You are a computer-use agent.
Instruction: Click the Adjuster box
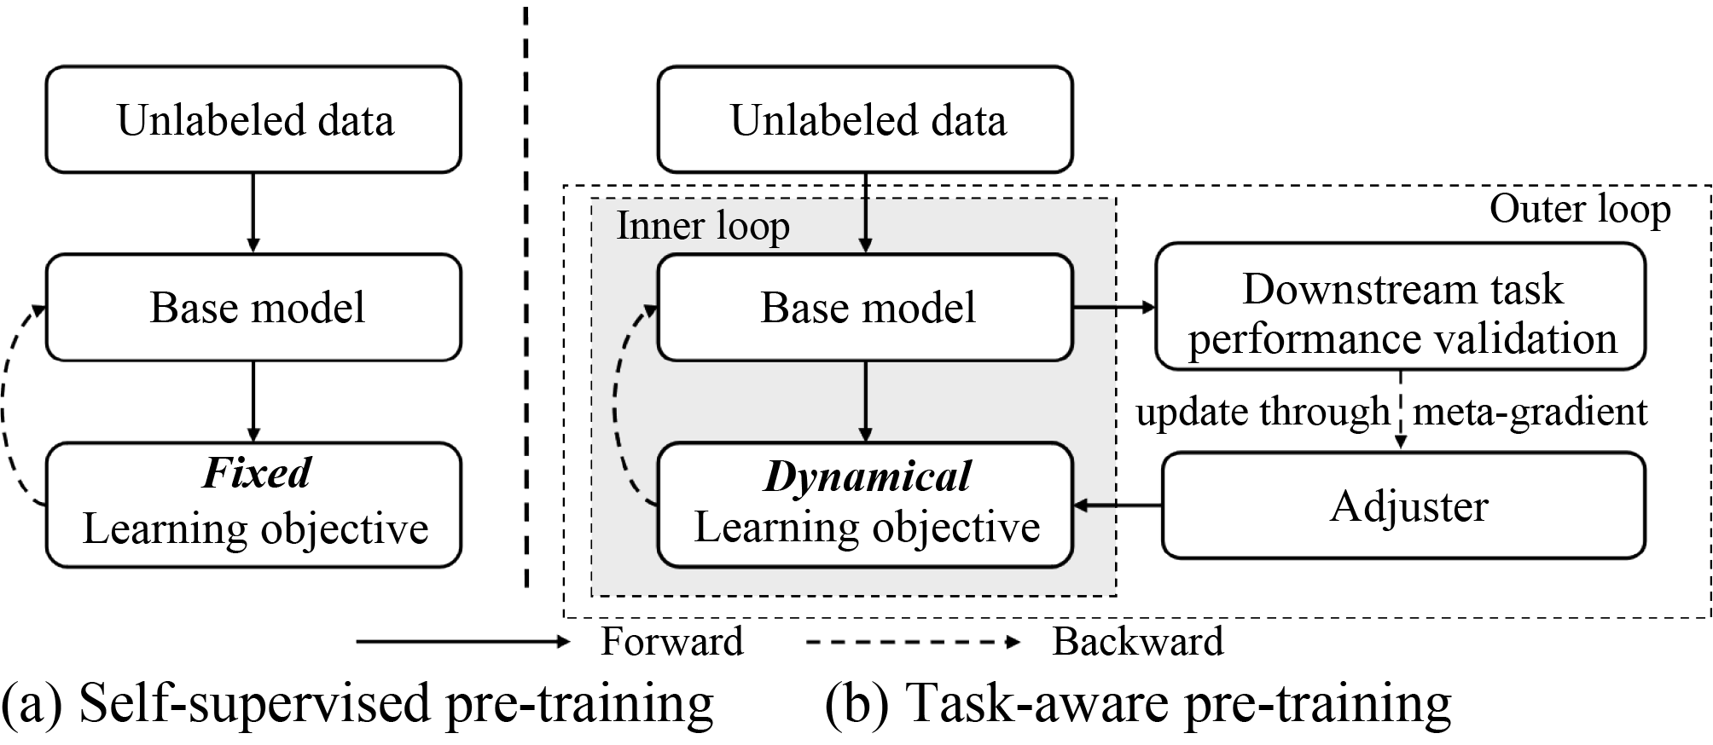[1403, 505]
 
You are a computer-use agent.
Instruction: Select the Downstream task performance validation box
[1400, 307]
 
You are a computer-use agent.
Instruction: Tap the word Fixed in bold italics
[257, 472]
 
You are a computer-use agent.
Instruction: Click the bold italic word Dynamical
[867, 476]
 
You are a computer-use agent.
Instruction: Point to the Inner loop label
[703, 226]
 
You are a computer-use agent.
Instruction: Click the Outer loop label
[1579, 210]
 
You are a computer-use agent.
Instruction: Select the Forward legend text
[671, 642]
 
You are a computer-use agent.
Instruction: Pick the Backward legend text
[1137, 642]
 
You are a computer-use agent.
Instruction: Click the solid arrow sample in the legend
[462, 642]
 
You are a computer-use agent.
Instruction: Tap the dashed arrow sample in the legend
[913, 642]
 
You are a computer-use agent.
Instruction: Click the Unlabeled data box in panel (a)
[253, 119]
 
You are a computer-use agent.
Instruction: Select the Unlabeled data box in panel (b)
[865, 119]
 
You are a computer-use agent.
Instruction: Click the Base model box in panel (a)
[253, 307]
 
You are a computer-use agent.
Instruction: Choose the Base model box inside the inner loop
[865, 307]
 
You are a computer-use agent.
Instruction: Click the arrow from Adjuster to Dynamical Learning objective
[1118, 505]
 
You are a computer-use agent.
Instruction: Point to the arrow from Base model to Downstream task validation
[1113, 307]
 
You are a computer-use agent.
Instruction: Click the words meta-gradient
[1530, 412]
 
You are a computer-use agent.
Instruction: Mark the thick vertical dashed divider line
[526, 298]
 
